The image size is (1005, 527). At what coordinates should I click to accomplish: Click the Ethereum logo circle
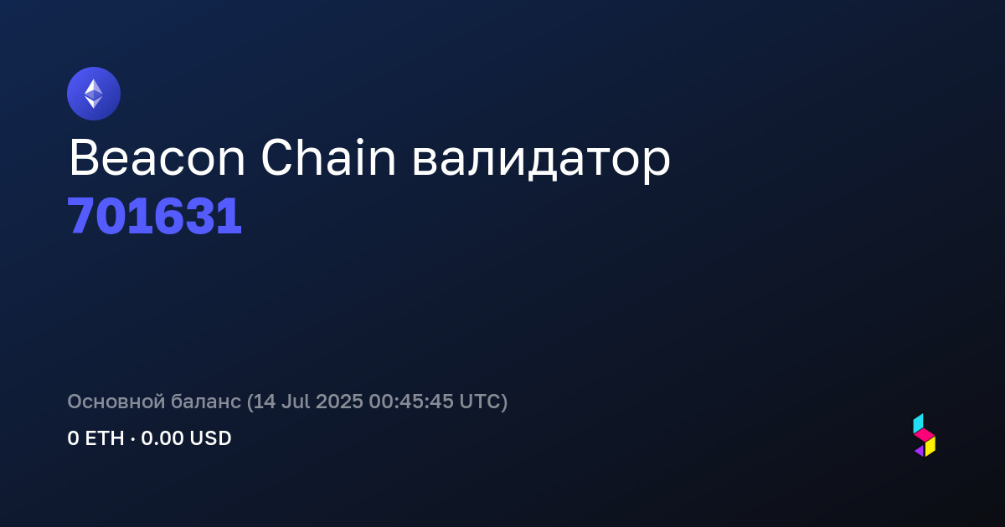click(x=94, y=94)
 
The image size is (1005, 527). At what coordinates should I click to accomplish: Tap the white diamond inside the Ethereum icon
click(x=94, y=94)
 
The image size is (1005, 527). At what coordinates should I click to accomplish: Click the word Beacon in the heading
click(x=157, y=158)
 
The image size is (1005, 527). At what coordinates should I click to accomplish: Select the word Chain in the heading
click(x=328, y=158)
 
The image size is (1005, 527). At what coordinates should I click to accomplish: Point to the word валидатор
click(x=541, y=161)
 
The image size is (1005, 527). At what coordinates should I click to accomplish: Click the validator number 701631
click(x=154, y=216)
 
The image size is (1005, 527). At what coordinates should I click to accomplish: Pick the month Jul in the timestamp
click(x=296, y=401)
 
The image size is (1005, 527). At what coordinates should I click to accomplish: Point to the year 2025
click(x=339, y=401)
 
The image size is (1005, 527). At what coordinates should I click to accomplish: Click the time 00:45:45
click(x=411, y=401)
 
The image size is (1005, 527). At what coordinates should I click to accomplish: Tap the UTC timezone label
click(x=480, y=401)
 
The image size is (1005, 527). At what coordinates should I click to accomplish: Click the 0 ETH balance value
click(x=95, y=438)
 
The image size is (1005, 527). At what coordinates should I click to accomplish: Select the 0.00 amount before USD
click(x=162, y=438)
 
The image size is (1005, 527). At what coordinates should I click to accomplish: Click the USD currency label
click(x=210, y=438)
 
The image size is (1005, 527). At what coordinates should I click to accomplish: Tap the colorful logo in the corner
click(x=925, y=435)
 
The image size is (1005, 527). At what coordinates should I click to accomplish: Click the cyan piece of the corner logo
click(x=919, y=423)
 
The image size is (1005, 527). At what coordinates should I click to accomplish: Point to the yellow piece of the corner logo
click(x=930, y=447)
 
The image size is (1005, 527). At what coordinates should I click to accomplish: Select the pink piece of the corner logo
click(x=925, y=434)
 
